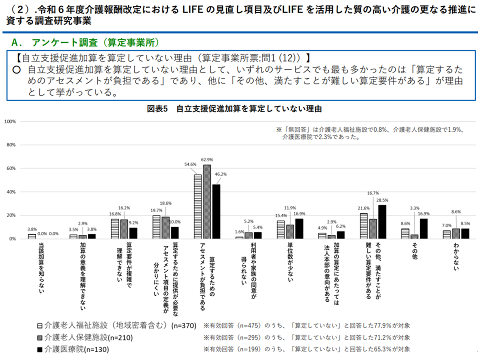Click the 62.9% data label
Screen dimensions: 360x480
[207, 160]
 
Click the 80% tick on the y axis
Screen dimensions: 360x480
[11, 145]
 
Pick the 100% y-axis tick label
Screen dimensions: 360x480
[11, 121]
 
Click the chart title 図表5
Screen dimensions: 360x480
[234, 108]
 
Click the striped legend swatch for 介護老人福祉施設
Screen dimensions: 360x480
[39, 325]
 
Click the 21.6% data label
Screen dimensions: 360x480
[363, 208]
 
